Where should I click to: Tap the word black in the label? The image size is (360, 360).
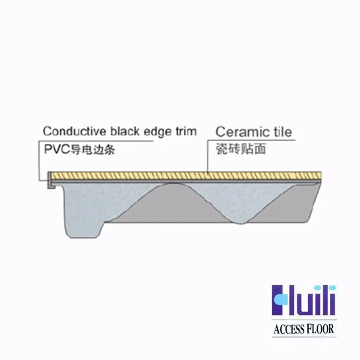coord(125,131)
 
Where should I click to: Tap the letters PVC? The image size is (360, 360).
coord(54,149)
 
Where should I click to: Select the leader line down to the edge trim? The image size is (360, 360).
coord(38,161)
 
